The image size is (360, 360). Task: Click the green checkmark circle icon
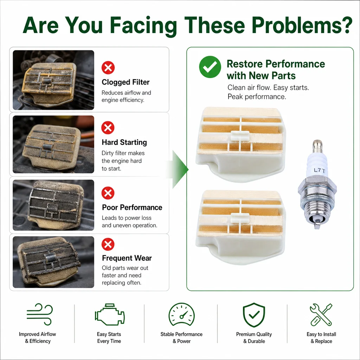coord(210,67)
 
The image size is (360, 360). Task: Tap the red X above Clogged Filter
coord(108,68)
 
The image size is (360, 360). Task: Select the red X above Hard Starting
coord(108,128)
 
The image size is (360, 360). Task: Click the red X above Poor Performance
coord(108,193)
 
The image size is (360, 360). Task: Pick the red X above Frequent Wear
coord(108,244)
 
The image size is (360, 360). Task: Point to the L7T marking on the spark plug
coord(319,171)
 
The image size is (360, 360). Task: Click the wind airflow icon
coord(39,314)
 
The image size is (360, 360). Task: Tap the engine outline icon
coord(110,315)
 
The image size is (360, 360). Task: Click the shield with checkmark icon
coord(254,315)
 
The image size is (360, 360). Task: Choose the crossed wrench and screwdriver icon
coord(321,315)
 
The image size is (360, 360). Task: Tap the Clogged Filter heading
coord(126,82)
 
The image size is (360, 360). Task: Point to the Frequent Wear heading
coord(127,258)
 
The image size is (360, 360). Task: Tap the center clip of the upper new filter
coord(240,135)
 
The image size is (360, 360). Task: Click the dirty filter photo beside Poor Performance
coord(53,205)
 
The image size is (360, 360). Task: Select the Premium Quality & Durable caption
coord(254,337)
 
